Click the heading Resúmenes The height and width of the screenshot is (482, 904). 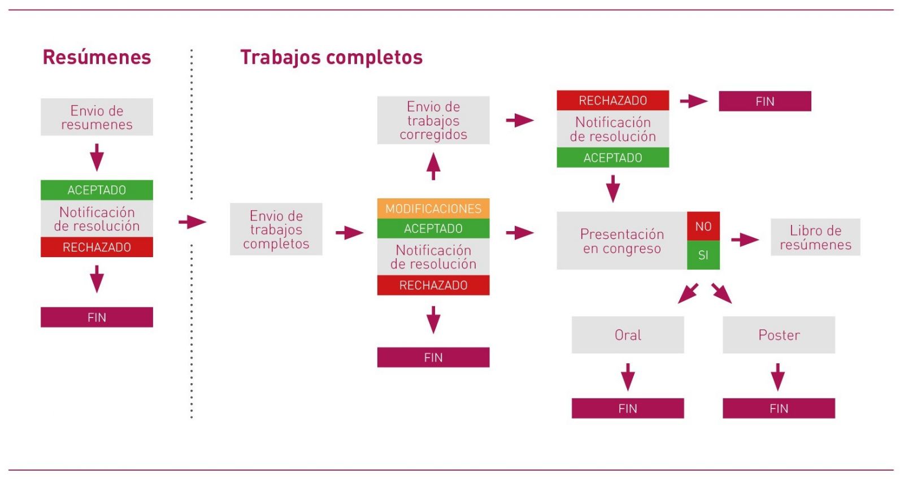pyautogui.click(x=97, y=57)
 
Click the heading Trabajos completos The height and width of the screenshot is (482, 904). pyautogui.click(x=331, y=57)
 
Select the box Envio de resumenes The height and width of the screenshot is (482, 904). pyautogui.click(x=97, y=117)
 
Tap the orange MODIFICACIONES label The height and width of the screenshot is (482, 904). pyautogui.click(x=433, y=209)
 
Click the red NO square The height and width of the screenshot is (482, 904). pyautogui.click(x=703, y=227)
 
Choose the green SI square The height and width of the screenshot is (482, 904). pyautogui.click(x=703, y=255)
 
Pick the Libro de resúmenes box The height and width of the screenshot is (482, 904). pyautogui.click(x=816, y=237)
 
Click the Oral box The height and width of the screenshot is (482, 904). pyautogui.click(x=628, y=335)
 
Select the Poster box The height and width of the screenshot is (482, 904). pyautogui.click(x=779, y=335)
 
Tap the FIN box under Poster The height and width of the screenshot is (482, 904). pyautogui.click(x=779, y=409)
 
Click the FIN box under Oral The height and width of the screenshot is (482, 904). pyautogui.click(x=628, y=409)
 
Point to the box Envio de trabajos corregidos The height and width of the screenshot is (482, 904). pyautogui.click(x=433, y=120)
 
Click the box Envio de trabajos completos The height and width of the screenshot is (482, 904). pyautogui.click(x=276, y=229)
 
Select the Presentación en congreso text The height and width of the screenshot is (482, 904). pyautogui.click(x=622, y=241)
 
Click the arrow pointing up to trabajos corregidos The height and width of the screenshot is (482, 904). pyautogui.click(x=433, y=166)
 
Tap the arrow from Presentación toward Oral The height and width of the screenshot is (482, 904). pyautogui.click(x=688, y=293)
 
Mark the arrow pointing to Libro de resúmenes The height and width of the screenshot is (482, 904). pyautogui.click(x=745, y=240)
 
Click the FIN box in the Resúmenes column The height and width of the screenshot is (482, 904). pyautogui.click(x=97, y=318)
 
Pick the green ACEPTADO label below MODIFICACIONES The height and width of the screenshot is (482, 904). pyautogui.click(x=433, y=228)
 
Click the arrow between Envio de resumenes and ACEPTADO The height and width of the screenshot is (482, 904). pyautogui.click(x=97, y=158)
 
